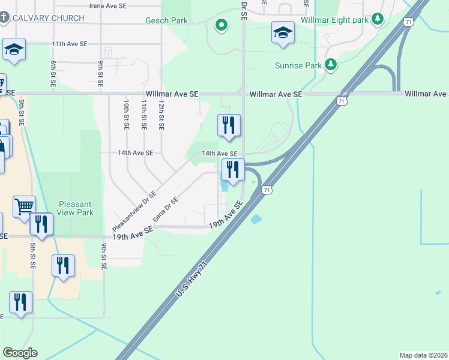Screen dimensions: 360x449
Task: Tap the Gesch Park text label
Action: pyautogui.click(x=166, y=21)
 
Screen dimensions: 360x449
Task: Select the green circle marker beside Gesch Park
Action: pyautogui.click(x=221, y=25)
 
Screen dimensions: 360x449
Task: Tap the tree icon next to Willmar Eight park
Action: pyautogui.click(x=378, y=20)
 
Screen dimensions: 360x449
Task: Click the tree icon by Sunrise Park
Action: pyautogui.click(x=330, y=64)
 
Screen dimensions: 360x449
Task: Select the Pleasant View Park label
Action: pyautogui.click(x=76, y=208)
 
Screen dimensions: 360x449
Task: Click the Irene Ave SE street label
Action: pyautogui.click(x=108, y=5)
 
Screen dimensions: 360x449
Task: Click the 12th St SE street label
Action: pyautogui.click(x=161, y=115)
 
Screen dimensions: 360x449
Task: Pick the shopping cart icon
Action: pyautogui.click(x=24, y=206)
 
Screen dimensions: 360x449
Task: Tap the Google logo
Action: pyautogui.click(x=20, y=353)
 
